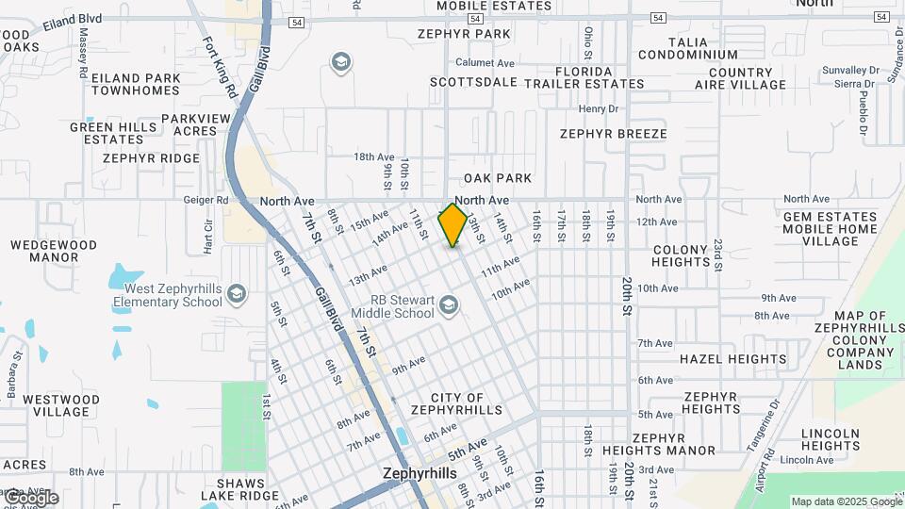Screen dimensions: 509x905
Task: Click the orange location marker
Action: click(452, 224)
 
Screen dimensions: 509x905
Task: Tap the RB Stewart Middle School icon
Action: click(450, 305)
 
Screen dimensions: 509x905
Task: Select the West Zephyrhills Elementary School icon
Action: click(236, 293)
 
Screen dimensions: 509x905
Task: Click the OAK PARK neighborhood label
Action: click(498, 178)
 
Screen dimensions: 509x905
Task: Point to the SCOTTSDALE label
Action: click(473, 82)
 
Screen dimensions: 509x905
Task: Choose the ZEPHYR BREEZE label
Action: click(613, 134)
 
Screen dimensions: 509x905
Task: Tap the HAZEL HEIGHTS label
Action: click(732, 358)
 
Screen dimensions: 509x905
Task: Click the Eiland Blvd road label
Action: click(72, 18)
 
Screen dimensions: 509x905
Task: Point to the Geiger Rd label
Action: click(209, 200)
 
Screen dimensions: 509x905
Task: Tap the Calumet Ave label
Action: click(485, 63)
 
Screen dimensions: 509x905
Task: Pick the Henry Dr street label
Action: click(598, 109)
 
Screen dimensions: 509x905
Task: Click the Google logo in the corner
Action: click(30, 498)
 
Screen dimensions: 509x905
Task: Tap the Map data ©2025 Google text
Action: click(846, 502)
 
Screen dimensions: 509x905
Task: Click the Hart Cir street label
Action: click(208, 238)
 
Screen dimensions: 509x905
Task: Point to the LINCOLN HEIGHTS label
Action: click(830, 439)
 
